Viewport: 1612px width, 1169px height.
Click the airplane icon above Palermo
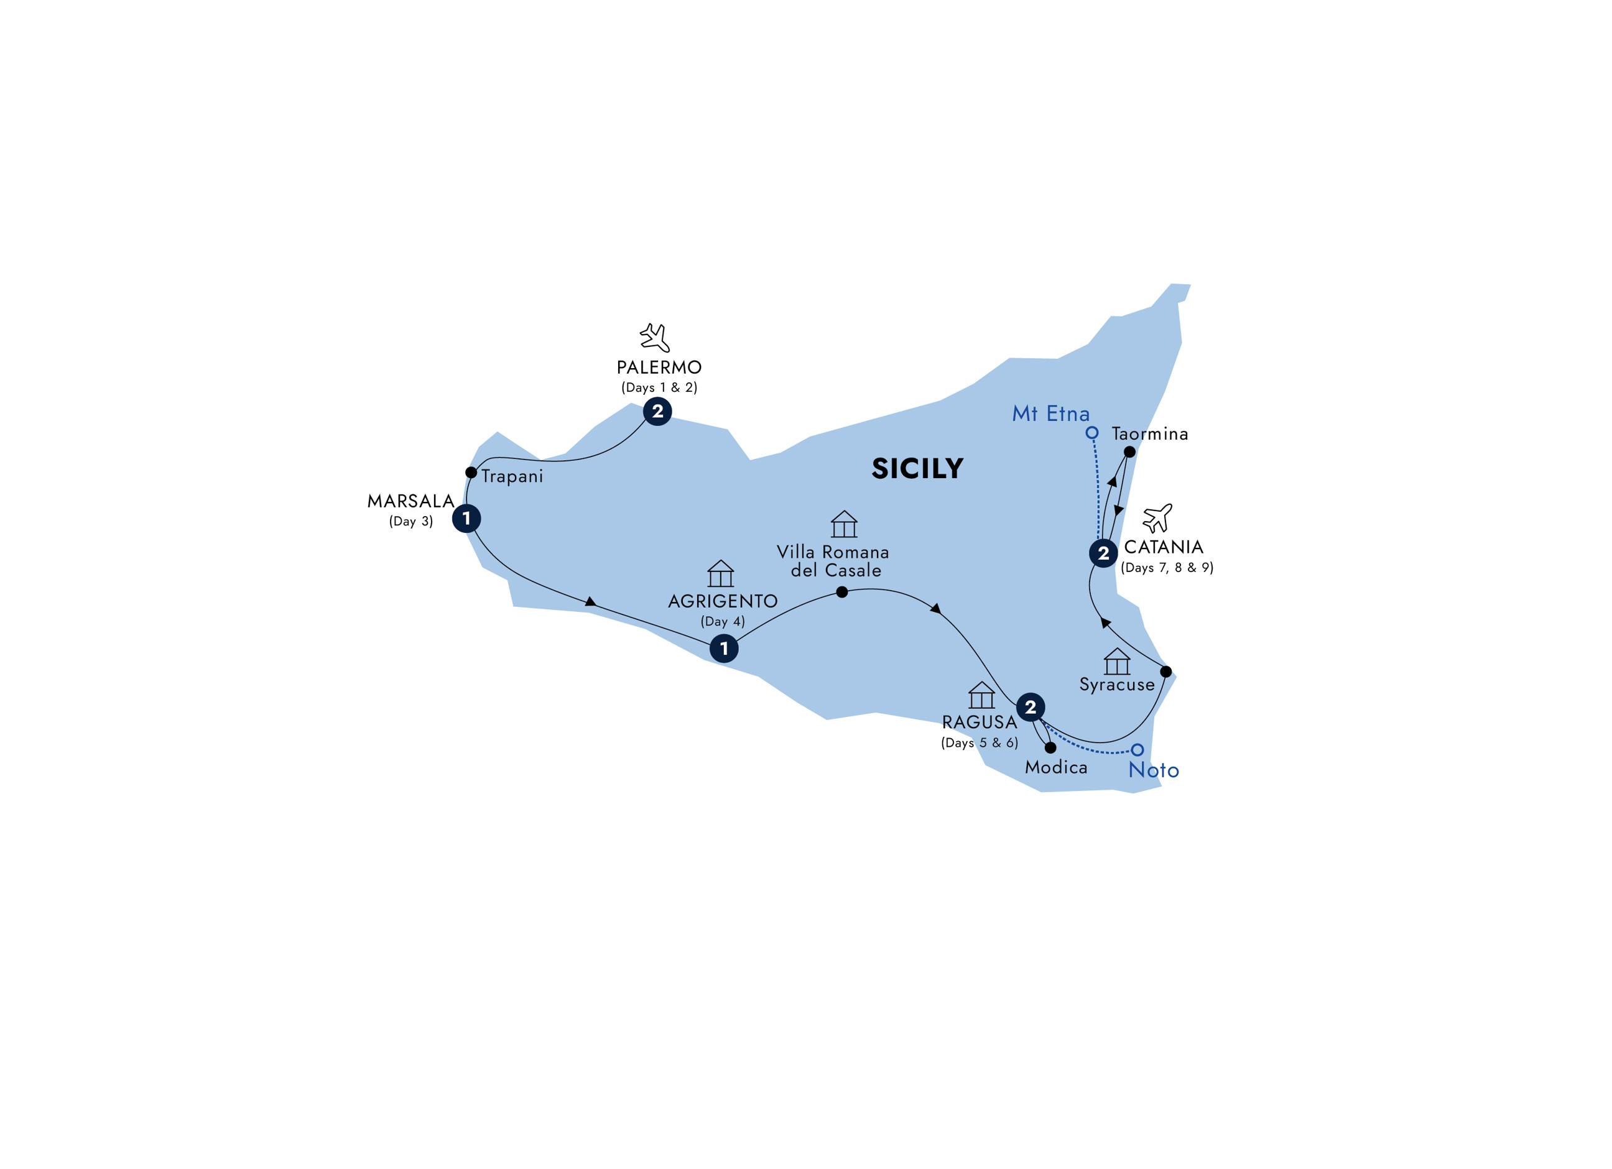pyautogui.click(x=655, y=338)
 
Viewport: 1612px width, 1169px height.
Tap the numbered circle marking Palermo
pyautogui.click(x=657, y=412)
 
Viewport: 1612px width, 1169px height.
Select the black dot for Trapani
pyautogui.click(x=471, y=473)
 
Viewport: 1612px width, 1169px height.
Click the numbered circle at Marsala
pyautogui.click(x=466, y=518)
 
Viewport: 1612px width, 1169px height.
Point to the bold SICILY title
pyautogui.click(x=917, y=469)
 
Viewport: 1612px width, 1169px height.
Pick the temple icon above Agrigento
pyautogui.click(x=721, y=573)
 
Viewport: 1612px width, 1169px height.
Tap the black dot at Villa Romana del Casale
pyautogui.click(x=842, y=592)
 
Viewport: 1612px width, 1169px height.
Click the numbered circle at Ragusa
pyautogui.click(x=1031, y=707)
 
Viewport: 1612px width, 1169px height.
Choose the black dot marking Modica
pyautogui.click(x=1050, y=747)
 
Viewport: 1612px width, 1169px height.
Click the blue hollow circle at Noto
pyautogui.click(x=1138, y=750)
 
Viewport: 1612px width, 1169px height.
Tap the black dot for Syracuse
pyautogui.click(x=1165, y=672)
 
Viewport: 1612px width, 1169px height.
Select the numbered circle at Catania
pyautogui.click(x=1103, y=553)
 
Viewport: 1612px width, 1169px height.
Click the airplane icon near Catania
pyautogui.click(x=1157, y=518)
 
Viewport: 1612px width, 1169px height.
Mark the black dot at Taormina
pyautogui.click(x=1129, y=452)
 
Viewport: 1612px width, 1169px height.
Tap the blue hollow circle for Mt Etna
pyautogui.click(x=1093, y=433)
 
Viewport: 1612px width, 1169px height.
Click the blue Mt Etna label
pyautogui.click(x=1050, y=414)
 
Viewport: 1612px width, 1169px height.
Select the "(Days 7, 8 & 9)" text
pyautogui.click(x=1167, y=568)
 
